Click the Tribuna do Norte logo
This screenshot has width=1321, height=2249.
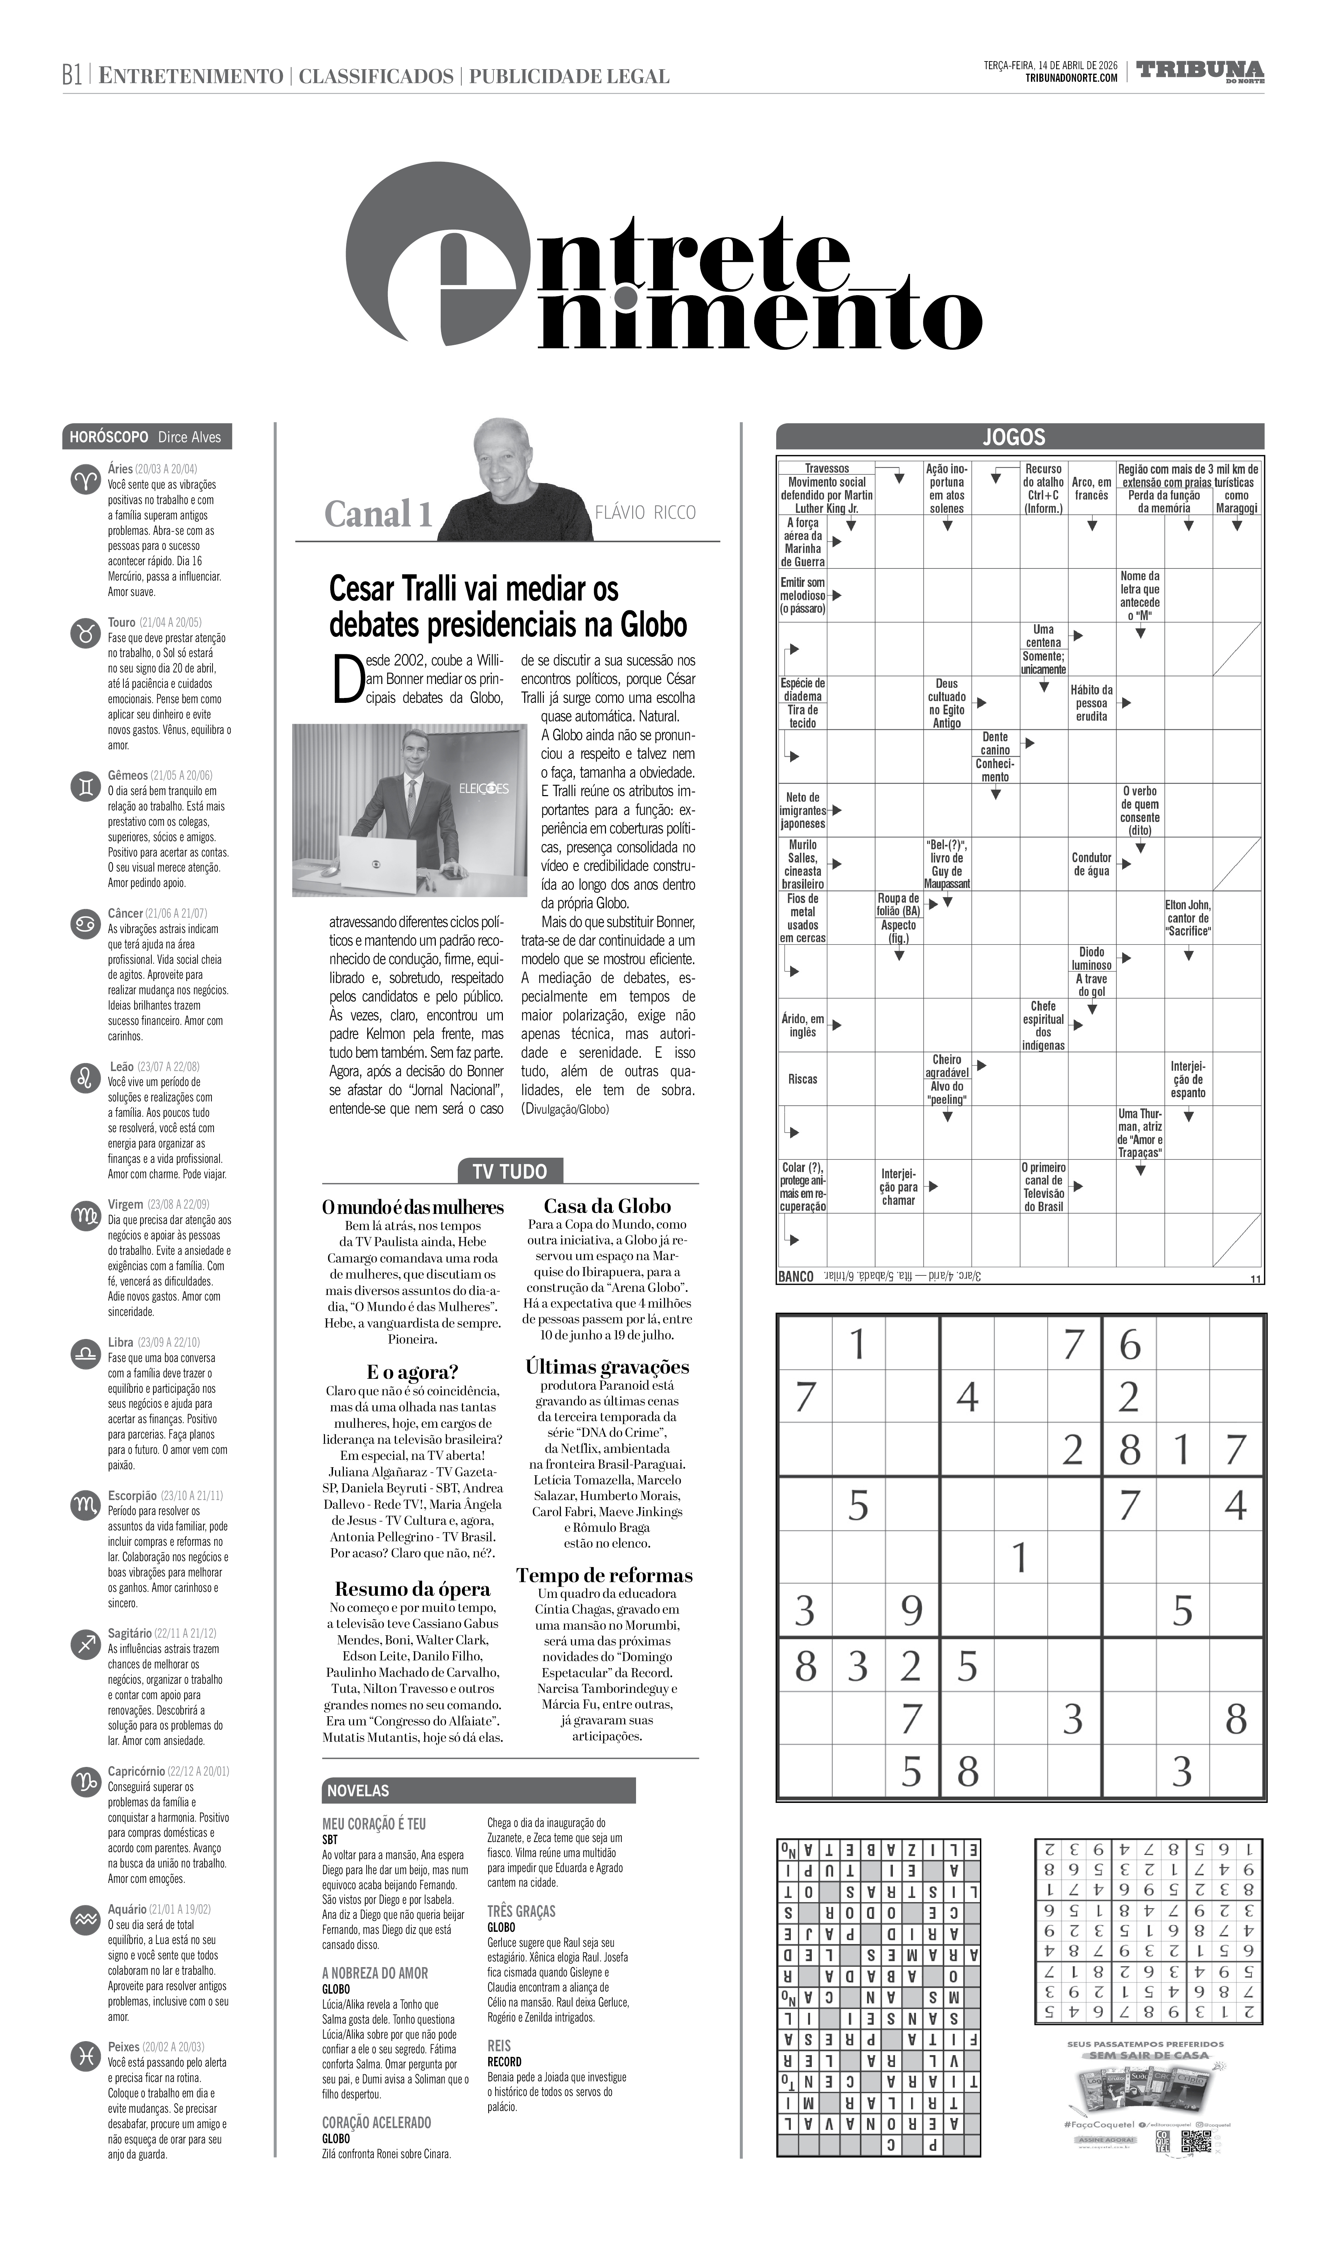pos(1200,71)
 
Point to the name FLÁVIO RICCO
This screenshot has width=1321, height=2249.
pos(645,512)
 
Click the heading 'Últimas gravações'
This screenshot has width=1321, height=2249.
pos(607,1366)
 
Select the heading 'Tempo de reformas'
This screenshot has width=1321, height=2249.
pos(604,1575)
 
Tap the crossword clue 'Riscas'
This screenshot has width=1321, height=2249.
pos(802,1079)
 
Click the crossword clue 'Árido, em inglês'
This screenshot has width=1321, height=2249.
pos(802,1025)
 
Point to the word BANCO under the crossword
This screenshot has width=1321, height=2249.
pos(795,1277)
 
